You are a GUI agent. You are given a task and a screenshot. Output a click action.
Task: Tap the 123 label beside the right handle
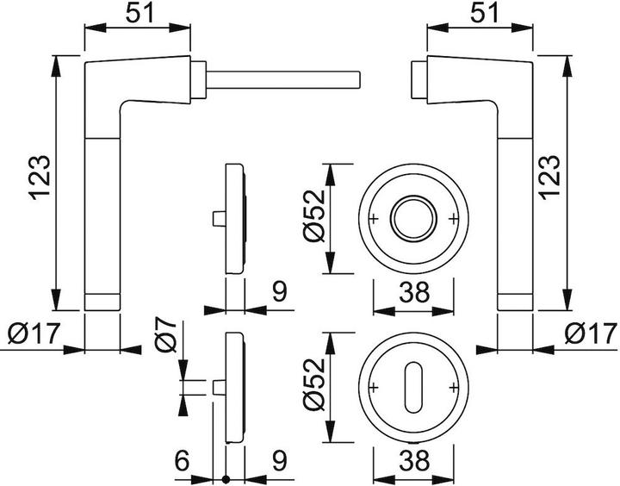(x=550, y=177)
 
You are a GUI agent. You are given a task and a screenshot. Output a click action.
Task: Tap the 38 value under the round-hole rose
(x=412, y=294)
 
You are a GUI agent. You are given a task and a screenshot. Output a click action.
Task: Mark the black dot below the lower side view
(x=226, y=479)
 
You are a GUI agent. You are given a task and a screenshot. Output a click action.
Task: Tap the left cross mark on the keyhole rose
(x=374, y=385)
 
